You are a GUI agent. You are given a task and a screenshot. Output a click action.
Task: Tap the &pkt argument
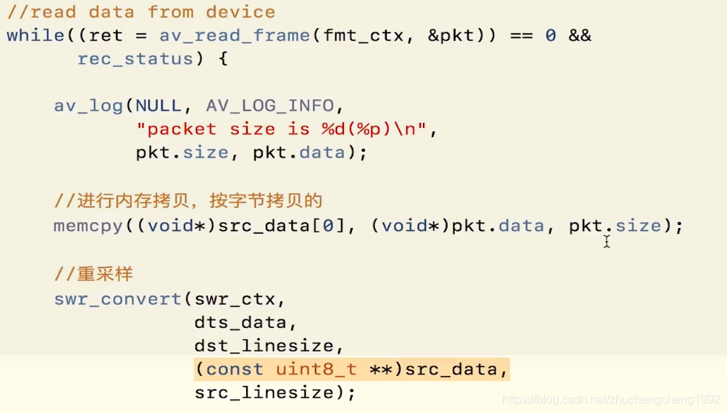pyautogui.click(x=451, y=36)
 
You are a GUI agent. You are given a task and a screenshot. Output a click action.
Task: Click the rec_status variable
pyautogui.click(x=135, y=59)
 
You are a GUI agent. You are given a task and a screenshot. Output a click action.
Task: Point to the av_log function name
pyautogui.click(x=88, y=106)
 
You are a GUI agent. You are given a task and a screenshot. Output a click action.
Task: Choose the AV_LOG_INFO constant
pyautogui.click(x=270, y=106)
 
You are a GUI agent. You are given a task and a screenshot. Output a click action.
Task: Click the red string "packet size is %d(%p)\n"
pyautogui.click(x=282, y=130)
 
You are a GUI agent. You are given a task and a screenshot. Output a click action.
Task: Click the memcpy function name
pyautogui.click(x=88, y=226)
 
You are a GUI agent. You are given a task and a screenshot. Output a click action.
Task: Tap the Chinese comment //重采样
pyautogui.click(x=93, y=275)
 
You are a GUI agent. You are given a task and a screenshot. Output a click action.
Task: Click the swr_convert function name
pyautogui.click(x=118, y=299)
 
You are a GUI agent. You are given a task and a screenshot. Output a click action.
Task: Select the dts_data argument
pyautogui.click(x=240, y=323)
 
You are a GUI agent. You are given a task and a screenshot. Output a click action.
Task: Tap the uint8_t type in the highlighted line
pyautogui.click(x=317, y=369)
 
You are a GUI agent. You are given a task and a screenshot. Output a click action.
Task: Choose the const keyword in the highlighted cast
pyautogui.click(x=234, y=369)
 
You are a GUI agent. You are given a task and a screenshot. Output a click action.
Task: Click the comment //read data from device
pyautogui.click(x=141, y=12)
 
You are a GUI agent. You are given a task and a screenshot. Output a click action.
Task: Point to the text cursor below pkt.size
pyautogui.click(x=606, y=241)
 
